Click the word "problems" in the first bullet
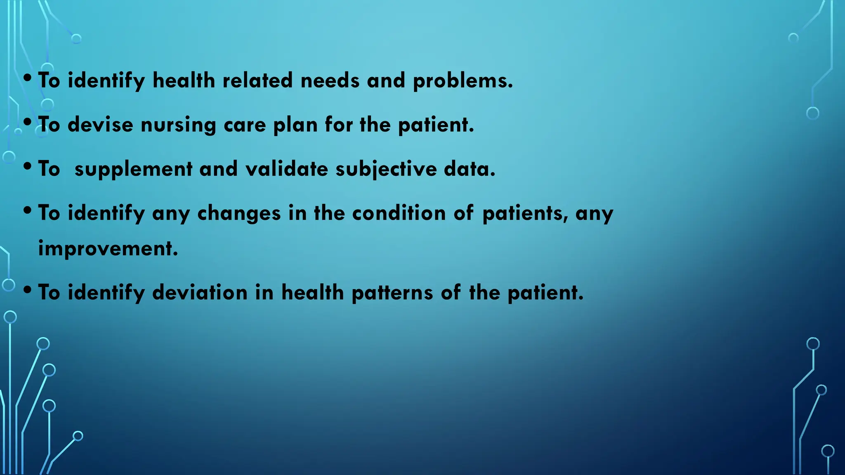pos(463,81)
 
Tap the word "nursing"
pos(178,125)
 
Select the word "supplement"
pos(133,169)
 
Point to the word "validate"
pos(287,169)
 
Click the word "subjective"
pos(386,169)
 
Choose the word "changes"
pos(239,214)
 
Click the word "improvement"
pos(108,249)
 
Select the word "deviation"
pos(200,293)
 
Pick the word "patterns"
pos(392,293)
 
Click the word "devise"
pos(100,125)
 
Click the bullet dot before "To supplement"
pos(28,167)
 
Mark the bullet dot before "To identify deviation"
pos(28,290)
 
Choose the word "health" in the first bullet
pos(184,80)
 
